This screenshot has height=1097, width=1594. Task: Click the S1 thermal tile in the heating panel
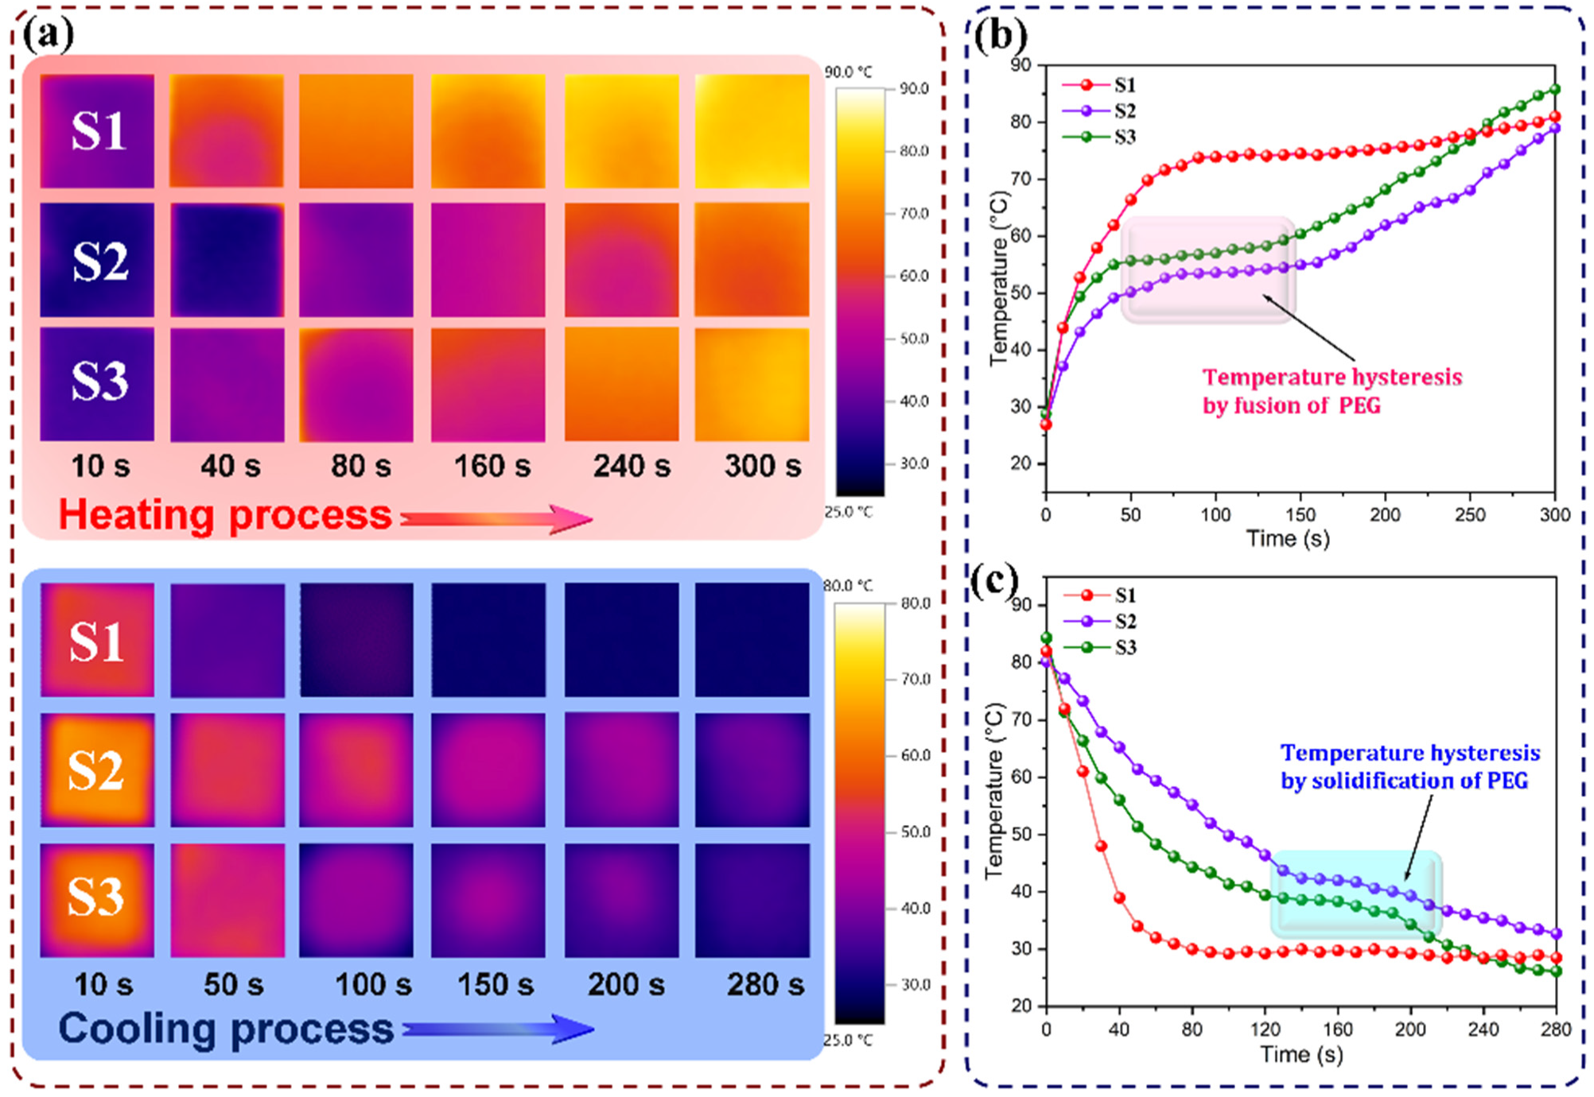pyautogui.click(x=97, y=131)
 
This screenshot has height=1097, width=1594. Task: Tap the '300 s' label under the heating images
pyautogui.click(x=762, y=466)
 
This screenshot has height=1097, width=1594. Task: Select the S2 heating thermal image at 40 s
pyautogui.click(x=227, y=260)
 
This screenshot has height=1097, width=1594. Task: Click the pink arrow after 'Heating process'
pyautogui.click(x=497, y=519)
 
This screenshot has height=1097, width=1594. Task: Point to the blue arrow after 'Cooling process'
pyautogui.click(x=499, y=1029)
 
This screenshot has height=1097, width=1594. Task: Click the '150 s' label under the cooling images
pyautogui.click(x=495, y=985)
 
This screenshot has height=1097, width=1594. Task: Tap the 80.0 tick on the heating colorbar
pyautogui.click(x=914, y=151)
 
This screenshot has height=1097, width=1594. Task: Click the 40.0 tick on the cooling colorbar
pyautogui.click(x=915, y=908)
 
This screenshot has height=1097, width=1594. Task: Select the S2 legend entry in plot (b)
pyautogui.click(x=1106, y=111)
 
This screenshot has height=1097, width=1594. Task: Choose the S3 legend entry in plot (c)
pyautogui.click(x=1106, y=648)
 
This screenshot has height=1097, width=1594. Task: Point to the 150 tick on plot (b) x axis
pyautogui.click(x=1300, y=515)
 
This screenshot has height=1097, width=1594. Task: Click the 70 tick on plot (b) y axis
pyautogui.click(x=1021, y=179)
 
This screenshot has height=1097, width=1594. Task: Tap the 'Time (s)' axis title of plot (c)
pyautogui.click(x=1301, y=1054)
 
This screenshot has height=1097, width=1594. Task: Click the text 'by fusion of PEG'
pyautogui.click(x=1291, y=406)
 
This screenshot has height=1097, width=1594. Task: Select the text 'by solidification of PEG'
pyautogui.click(x=1404, y=781)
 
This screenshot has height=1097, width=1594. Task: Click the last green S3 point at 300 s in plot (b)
pyautogui.click(x=1555, y=90)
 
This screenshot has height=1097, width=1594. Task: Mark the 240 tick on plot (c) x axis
pyautogui.click(x=1483, y=1029)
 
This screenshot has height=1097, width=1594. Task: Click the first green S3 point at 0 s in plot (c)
pyautogui.click(x=1046, y=638)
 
